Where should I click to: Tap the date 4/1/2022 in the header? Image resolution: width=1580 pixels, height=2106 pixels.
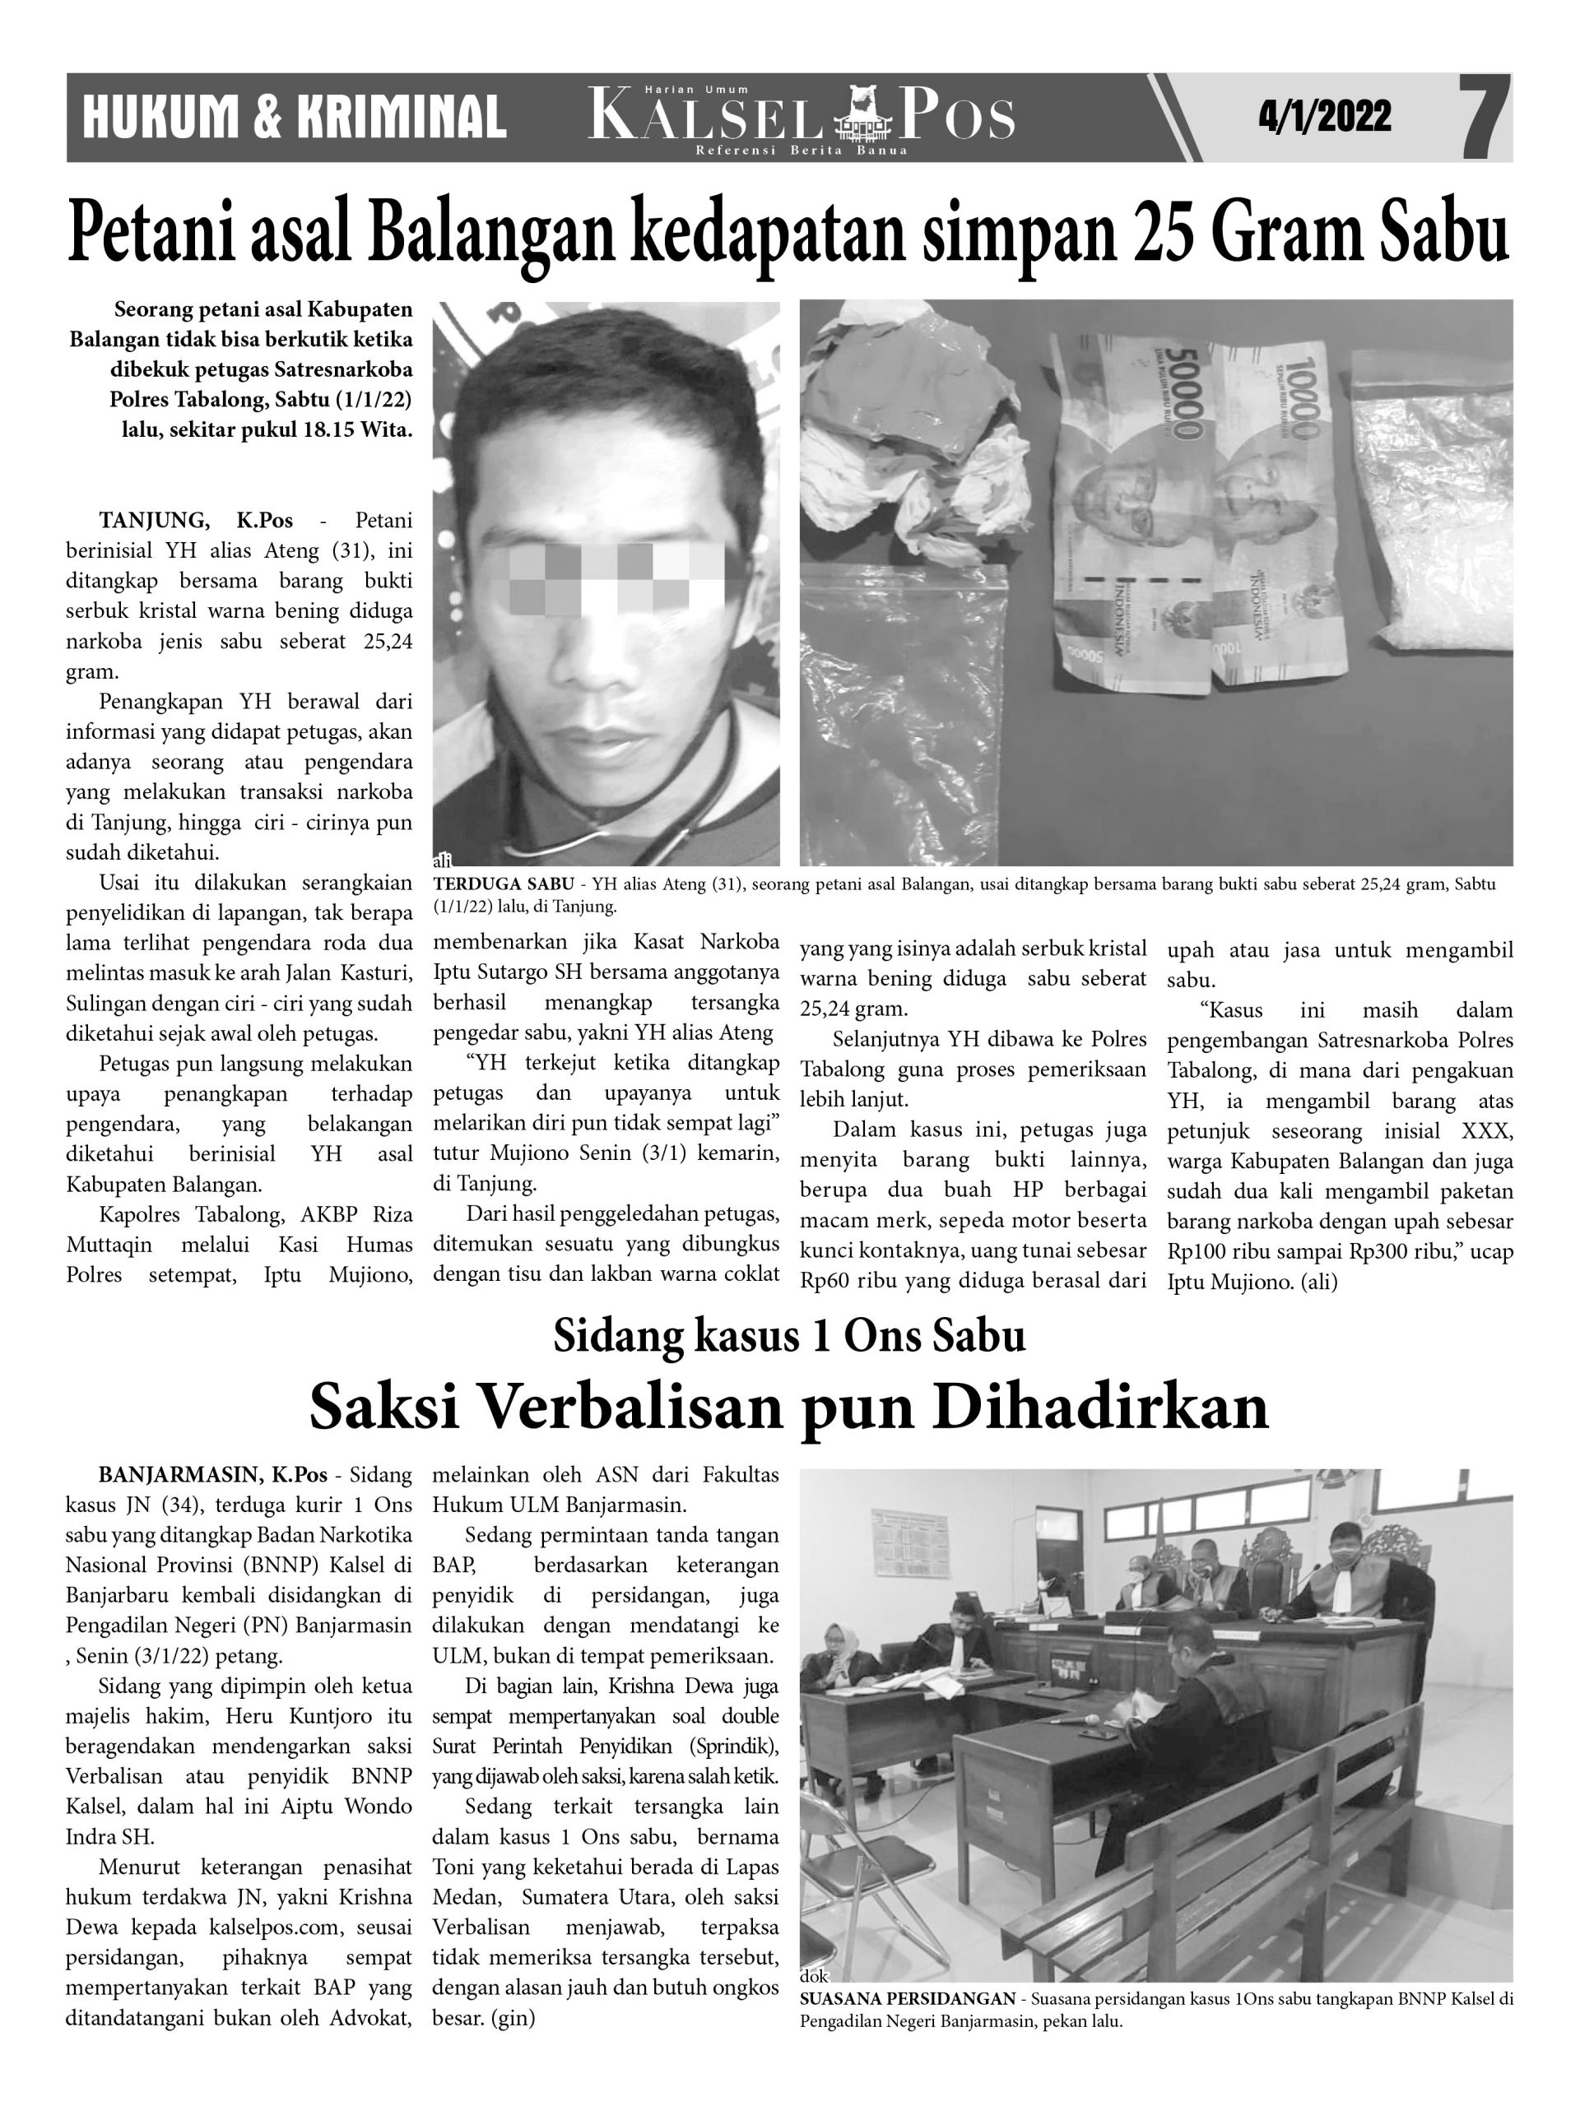1324,117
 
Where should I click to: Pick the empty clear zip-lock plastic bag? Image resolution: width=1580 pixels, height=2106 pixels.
904,714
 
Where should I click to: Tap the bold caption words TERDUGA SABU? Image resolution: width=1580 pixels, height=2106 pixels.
503,884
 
